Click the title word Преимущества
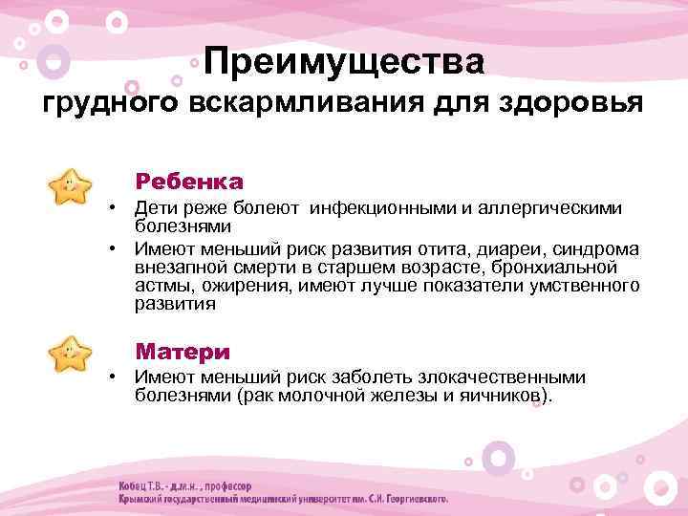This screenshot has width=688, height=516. [343, 62]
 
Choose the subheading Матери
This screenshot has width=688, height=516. [183, 351]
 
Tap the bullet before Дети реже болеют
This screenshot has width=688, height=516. [111, 208]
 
